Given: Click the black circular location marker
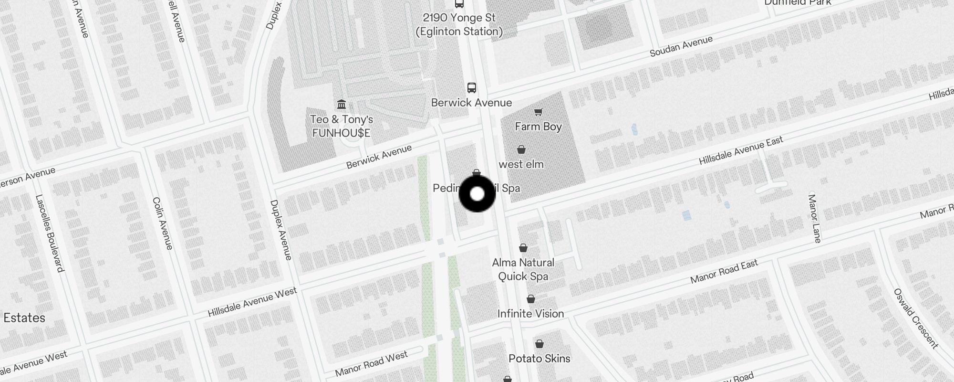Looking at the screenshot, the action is (x=477, y=194).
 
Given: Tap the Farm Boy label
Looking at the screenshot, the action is (x=538, y=127).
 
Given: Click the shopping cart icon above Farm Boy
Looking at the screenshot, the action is (x=538, y=112).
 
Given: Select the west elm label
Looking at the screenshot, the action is (x=521, y=164).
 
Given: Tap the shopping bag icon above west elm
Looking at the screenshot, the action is (x=521, y=150).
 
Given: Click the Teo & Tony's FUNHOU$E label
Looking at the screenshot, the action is (x=342, y=126).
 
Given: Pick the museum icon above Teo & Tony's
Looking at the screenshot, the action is (x=342, y=105).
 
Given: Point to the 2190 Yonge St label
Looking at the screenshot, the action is (x=459, y=24).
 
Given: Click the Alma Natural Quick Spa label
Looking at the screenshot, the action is (x=523, y=269).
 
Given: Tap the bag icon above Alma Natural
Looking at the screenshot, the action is (x=523, y=248).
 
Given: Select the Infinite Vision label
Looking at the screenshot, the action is (x=530, y=314).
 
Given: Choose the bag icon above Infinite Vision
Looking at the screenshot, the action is (x=531, y=299).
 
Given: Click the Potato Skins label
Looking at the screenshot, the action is (x=539, y=359).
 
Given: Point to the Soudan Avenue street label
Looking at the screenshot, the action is (x=681, y=46).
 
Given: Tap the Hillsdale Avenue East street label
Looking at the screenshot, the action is (x=740, y=151).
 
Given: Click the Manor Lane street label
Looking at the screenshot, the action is (x=814, y=218).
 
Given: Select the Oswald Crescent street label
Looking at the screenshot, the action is (x=915, y=318).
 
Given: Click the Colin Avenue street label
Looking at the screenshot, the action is (x=162, y=223).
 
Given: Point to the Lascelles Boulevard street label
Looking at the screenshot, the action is (x=50, y=233).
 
